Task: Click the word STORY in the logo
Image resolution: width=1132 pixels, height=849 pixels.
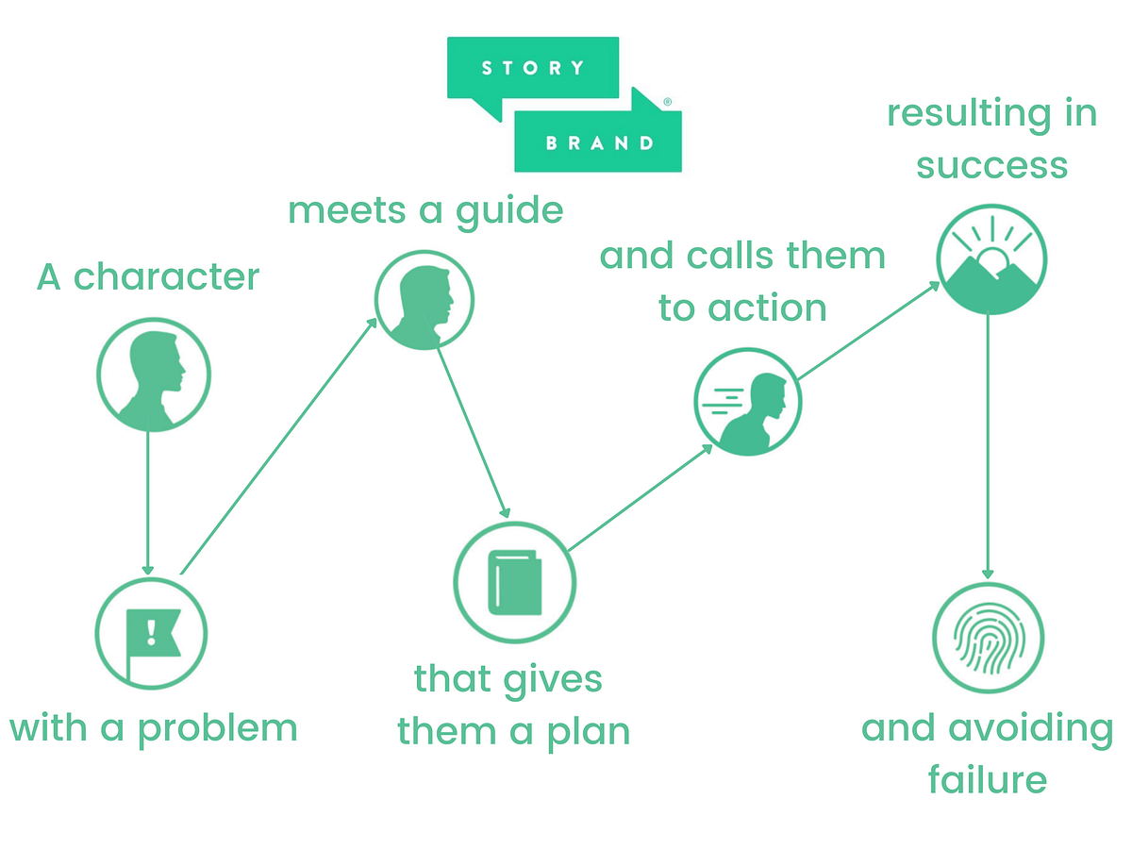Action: point(533,68)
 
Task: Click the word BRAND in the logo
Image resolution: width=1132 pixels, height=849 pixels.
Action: point(599,143)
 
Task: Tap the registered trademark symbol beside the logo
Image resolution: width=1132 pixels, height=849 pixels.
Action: point(668,101)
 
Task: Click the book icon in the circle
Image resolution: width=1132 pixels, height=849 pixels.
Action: point(514,582)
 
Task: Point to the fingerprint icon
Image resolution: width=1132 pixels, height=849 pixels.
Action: point(988,638)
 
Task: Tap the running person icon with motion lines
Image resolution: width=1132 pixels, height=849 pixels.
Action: point(747,403)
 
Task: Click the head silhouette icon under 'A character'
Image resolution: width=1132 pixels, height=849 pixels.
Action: point(153,375)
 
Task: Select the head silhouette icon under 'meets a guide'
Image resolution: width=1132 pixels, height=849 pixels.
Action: point(424,300)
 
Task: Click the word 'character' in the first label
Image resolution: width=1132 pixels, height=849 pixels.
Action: point(166,277)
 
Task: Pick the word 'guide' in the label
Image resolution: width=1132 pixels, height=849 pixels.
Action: point(509,210)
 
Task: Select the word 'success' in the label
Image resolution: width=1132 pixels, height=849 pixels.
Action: point(991,165)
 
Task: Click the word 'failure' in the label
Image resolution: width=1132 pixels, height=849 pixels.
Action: point(987,780)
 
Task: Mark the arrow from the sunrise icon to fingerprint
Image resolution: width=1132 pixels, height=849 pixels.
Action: point(988,443)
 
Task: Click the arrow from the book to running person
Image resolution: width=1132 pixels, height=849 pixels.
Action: point(641,497)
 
